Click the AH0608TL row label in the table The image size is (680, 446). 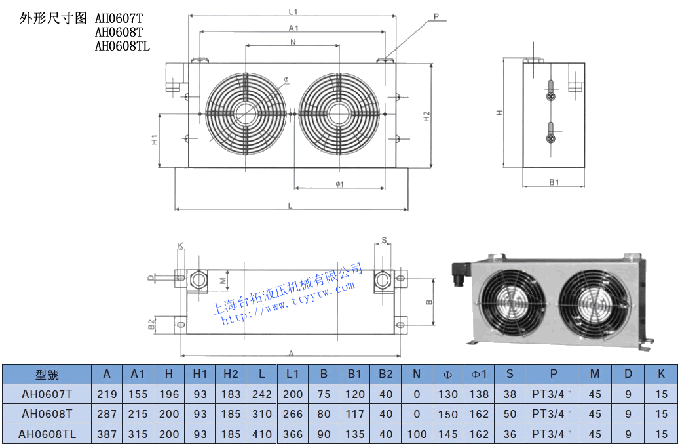47,434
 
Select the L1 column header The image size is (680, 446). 292,374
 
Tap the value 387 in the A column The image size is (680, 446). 107,434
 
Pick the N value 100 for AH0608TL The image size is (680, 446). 417,434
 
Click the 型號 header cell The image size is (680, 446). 47,375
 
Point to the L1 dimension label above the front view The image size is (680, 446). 293,12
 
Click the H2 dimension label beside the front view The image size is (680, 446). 426,116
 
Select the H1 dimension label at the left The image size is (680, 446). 155,140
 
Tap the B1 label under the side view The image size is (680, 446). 554,182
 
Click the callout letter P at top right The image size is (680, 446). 436,16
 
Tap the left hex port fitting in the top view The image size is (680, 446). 197,280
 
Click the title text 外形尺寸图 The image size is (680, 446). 53,18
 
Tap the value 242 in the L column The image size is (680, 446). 261,394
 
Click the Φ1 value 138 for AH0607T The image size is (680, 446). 480,394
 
